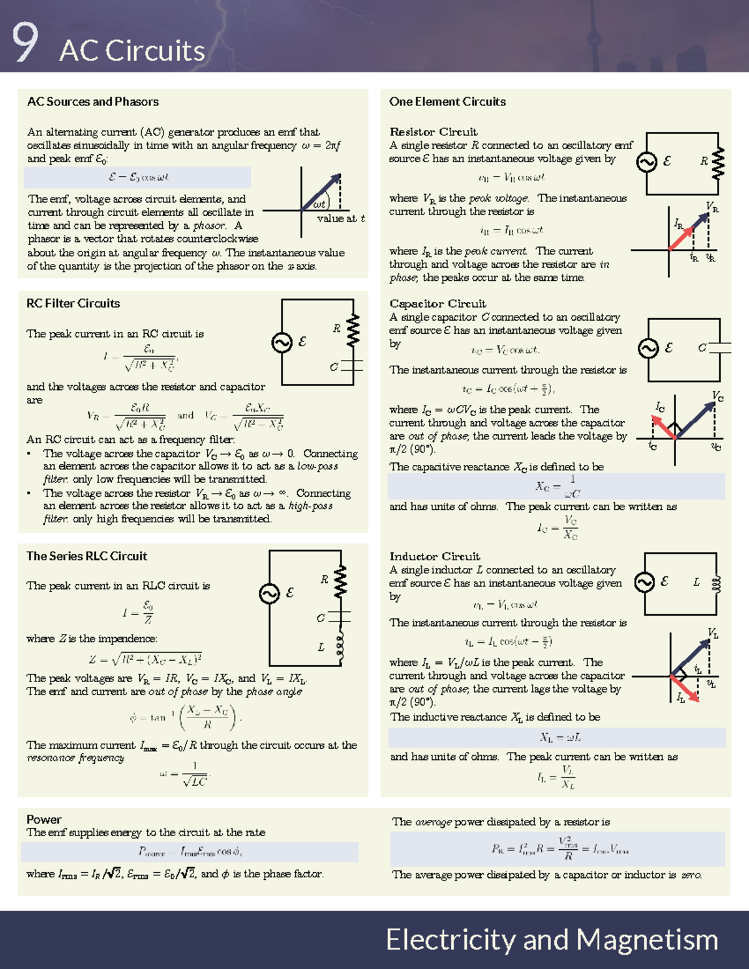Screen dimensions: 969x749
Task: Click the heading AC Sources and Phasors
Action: (92, 102)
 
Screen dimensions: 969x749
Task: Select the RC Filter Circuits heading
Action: (73, 304)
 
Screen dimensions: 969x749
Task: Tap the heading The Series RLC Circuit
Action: (87, 556)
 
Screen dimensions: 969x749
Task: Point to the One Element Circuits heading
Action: (447, 102)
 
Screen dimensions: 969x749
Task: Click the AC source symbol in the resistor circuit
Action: (646, 162)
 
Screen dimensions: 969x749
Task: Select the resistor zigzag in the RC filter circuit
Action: (353, 330)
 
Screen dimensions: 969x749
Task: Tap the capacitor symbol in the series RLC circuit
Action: (340, 617)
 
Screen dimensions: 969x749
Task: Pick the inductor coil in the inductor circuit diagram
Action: (717, 583)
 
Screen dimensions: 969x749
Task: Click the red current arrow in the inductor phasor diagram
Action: (685, 688)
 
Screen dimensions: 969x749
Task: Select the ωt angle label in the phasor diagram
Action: (320, 204)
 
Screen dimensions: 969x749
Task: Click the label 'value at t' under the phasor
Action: (340, 218)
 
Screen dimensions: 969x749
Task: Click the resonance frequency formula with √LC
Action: (187, 774)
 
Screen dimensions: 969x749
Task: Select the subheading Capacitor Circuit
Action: (438, 304)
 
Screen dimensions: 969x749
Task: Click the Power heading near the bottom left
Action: (44, 819)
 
